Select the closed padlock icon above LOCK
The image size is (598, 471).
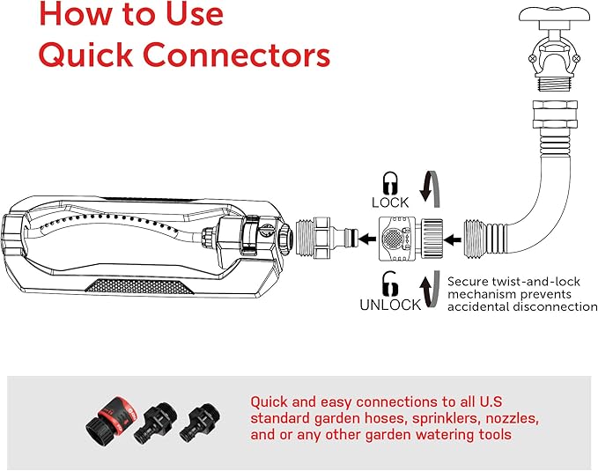(x=389, y=182)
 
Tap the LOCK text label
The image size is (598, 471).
(x=389, y=202)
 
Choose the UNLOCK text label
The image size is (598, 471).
(x=389, y=305)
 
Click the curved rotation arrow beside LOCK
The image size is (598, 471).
(x=428, y=186)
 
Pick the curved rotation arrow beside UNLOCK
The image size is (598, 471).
(x=429, y=291)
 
